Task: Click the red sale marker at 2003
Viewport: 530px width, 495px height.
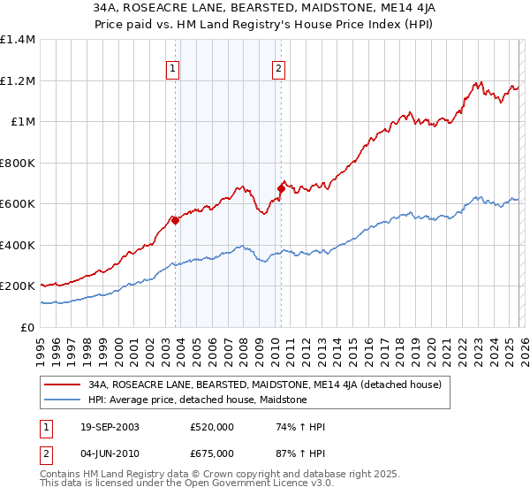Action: pyautogui.click(x=176, y=221)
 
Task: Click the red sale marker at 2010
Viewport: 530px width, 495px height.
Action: pyautogui.click(x=281, y=188)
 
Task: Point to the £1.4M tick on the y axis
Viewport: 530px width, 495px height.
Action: pyautogui.click(x=18, y=40)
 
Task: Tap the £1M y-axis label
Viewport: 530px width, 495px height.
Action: pyautogui.click(x=23, y=122)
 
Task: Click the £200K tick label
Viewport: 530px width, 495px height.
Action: pyautogui.click(x=18, y=286)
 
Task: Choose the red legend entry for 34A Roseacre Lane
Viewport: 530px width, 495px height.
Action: pyautogui.click(x=270, y=385)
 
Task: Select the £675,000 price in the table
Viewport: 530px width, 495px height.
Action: pyautogui.click(x=212, y=453)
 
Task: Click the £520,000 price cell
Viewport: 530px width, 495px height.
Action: pyautogui.click(x=212, y=428)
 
